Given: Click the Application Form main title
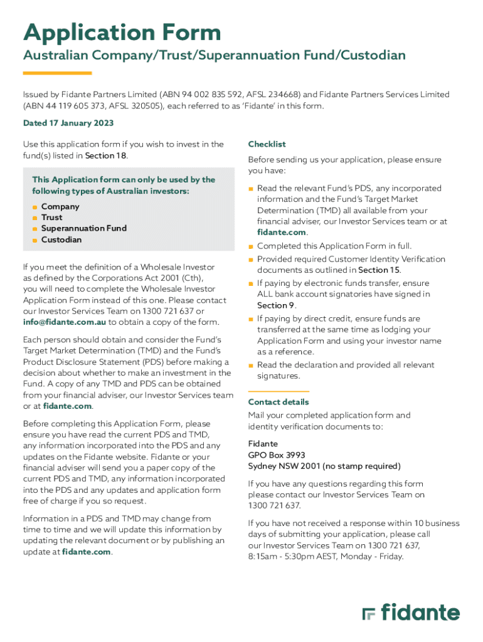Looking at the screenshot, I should (x=122, y=33).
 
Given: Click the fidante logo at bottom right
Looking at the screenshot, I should (x=411, y=613).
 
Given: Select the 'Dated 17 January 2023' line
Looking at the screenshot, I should (x=68, y=124).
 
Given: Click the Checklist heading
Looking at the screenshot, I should (x=267, y=144).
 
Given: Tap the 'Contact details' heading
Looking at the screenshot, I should (x=278, y=402).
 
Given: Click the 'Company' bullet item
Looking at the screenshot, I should (x=60, y=207).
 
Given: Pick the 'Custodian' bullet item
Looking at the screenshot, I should (x=61, y=239).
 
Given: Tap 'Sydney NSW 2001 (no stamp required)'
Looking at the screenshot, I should (x=324, y=466).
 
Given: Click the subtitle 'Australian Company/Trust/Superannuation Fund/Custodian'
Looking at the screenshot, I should (x=215, y=56).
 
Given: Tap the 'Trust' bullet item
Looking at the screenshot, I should (x=51, y=218).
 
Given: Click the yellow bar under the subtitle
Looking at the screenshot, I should (x=57, y=73).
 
